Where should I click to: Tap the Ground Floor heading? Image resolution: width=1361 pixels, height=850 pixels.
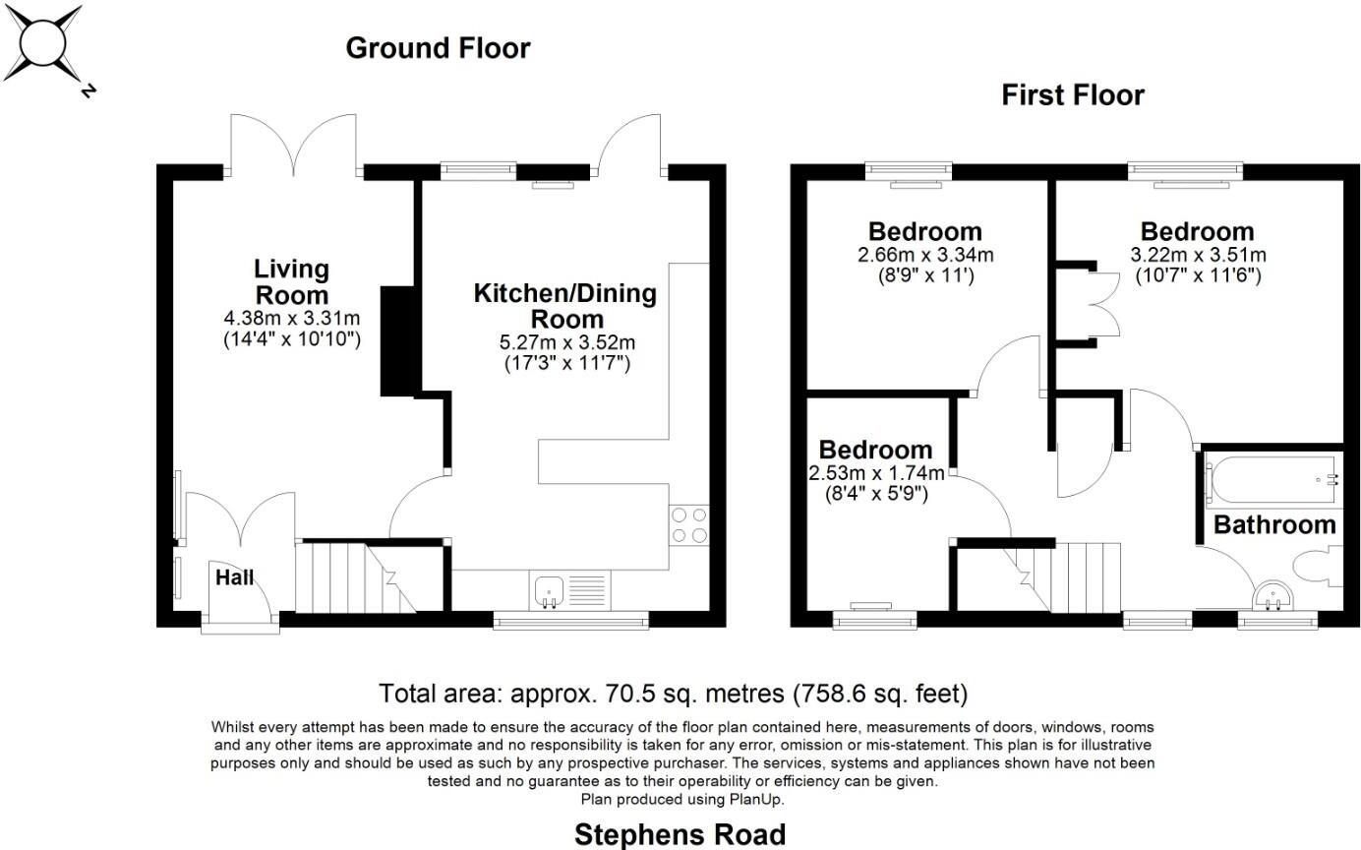tap(438, 48)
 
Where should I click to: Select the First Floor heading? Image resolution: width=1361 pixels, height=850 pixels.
tap(1072, 95)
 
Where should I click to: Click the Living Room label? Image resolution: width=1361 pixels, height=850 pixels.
tap(291, 281)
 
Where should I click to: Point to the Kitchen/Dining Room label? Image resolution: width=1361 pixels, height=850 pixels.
tap(564, 306)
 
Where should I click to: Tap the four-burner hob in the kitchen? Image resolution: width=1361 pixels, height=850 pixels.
tap(688, 523)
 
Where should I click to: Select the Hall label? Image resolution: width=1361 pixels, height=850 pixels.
tap(235, 577)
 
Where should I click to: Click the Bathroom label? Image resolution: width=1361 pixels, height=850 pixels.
tap(1274, 524)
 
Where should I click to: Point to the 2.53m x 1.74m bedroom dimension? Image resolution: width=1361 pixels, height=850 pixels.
tap(875, 473)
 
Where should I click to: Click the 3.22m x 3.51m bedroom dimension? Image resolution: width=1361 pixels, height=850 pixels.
tap(1197, 255)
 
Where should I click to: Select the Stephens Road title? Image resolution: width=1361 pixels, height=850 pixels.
tap(680, 834)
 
